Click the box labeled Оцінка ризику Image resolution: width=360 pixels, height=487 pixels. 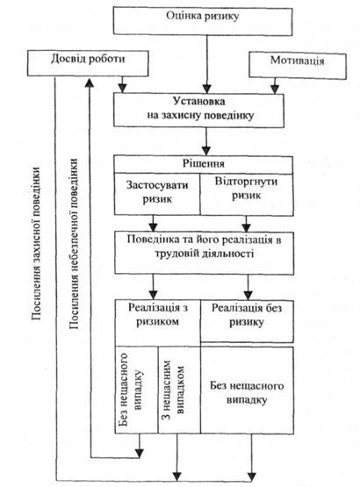(202, 21)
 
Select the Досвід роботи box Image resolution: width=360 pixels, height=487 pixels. (88, 63)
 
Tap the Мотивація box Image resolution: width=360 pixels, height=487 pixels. (298, 66)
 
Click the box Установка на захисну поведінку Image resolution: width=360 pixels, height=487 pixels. (198, 111)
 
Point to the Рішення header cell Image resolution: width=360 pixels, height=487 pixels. (204, 164)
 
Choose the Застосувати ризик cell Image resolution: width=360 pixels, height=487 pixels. (157, 194)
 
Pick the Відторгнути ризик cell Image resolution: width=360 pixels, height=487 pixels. (247, 194)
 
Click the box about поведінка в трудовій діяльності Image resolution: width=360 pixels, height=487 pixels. (204, 253)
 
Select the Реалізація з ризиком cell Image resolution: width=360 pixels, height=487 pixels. (158, 323)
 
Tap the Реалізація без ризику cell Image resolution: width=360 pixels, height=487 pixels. (247, 321)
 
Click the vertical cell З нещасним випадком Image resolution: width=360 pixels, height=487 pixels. (179, 390)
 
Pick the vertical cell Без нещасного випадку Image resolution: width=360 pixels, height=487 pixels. (137, 390)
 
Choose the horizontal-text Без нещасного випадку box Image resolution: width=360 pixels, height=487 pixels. (247, 390)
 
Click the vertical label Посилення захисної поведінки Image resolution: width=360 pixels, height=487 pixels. (36, 244)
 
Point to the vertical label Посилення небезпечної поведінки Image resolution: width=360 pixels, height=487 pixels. (74, 244)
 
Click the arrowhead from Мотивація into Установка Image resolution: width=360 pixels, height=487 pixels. (274, 90)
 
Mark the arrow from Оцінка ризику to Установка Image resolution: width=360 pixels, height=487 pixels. (206, 64)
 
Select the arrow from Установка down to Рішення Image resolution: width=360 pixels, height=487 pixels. (206, 141)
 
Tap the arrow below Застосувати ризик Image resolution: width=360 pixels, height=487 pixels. (153, 223)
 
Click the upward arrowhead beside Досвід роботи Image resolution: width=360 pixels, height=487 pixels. (90, 83)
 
